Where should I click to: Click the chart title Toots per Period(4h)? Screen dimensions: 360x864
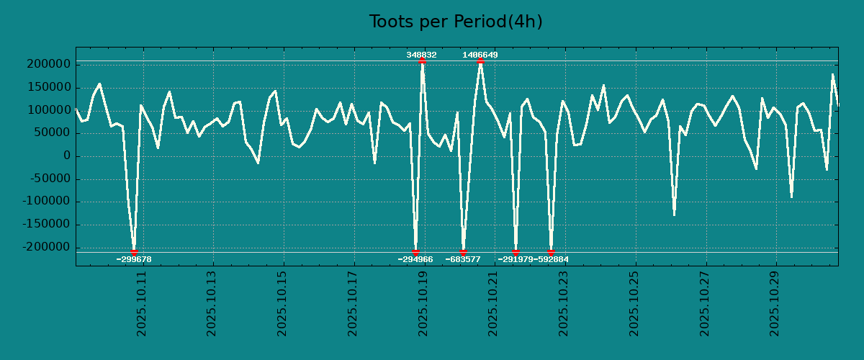[456, 22]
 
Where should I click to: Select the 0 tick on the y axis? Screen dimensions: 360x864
[67, 156]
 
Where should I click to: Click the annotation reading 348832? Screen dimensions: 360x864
[421, 55]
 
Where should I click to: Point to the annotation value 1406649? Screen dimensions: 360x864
[480, 55]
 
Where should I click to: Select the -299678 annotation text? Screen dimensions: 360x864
[134, 259]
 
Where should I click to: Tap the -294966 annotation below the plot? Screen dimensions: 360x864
[415, 259]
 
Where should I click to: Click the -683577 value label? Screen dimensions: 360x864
[463, 259]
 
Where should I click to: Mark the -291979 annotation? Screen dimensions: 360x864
[516, 259]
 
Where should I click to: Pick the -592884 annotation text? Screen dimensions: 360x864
[552, 259]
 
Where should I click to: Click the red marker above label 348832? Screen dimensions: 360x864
[422, 61]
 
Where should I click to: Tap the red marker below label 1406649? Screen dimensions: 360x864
[480, 61]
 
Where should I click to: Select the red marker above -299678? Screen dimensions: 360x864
[134, 252]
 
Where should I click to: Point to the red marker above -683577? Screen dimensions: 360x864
[463, 252]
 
